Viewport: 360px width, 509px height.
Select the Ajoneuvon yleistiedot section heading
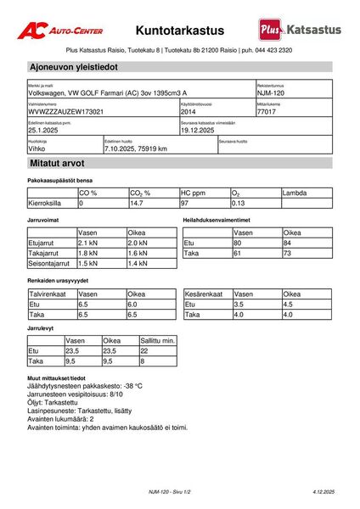73,66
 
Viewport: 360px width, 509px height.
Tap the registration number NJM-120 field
270,93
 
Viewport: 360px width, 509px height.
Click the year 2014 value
189,111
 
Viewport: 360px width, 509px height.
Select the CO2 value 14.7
137,204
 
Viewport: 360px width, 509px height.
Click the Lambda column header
295,193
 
